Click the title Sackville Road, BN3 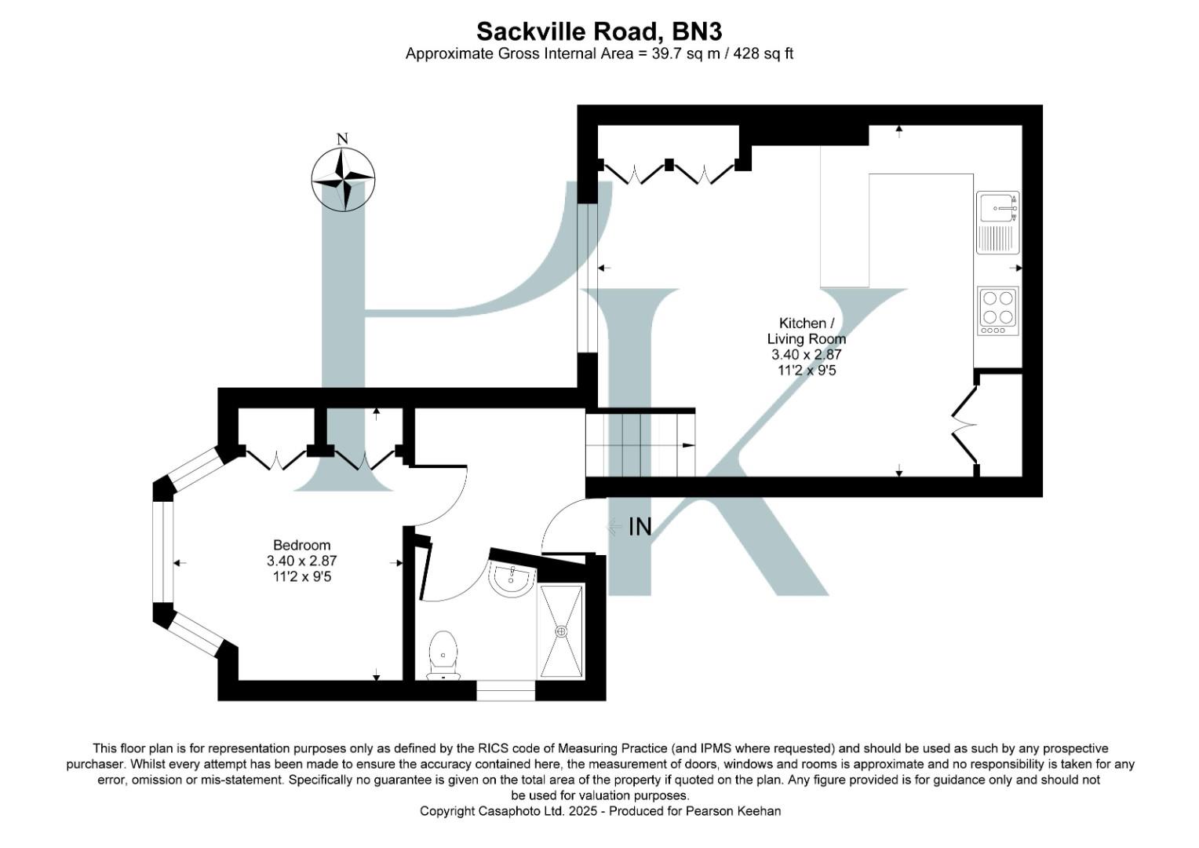[x=599, y=31]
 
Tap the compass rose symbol [x=343, y=180]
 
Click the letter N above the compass [x=342, y=140]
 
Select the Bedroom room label [x=301, y=545]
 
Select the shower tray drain [x=561, y=631]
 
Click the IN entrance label [x=640, y=527]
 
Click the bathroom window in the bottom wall [x=506, y=691]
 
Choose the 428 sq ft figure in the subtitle [x=763, y=54]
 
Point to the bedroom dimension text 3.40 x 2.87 [x=301, y=561]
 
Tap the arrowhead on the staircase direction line [x=688, y=445]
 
